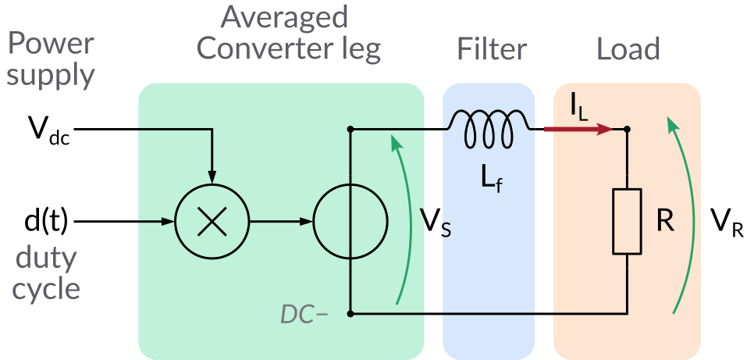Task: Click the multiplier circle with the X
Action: pyautogui.click(x=211, y=222)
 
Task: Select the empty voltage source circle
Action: pyautogui.click(x=350, y=222)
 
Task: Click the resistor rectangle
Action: pyautogui.click(x=627, y=222)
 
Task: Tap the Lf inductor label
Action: pyautogui.click(x=492, y=182)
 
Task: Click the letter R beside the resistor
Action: pyautogui.click(x=665, y=223)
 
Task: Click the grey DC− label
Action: pyautogui.click(x=304, y=314)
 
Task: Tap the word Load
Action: pyautogui.click(x=628, y=50)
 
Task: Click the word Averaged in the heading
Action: pyautogui.click(x=284, y=17)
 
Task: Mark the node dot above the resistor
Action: pyautogui.click(x=628, y=129)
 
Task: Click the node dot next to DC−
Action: pyautogui.click(x=350, y=314)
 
